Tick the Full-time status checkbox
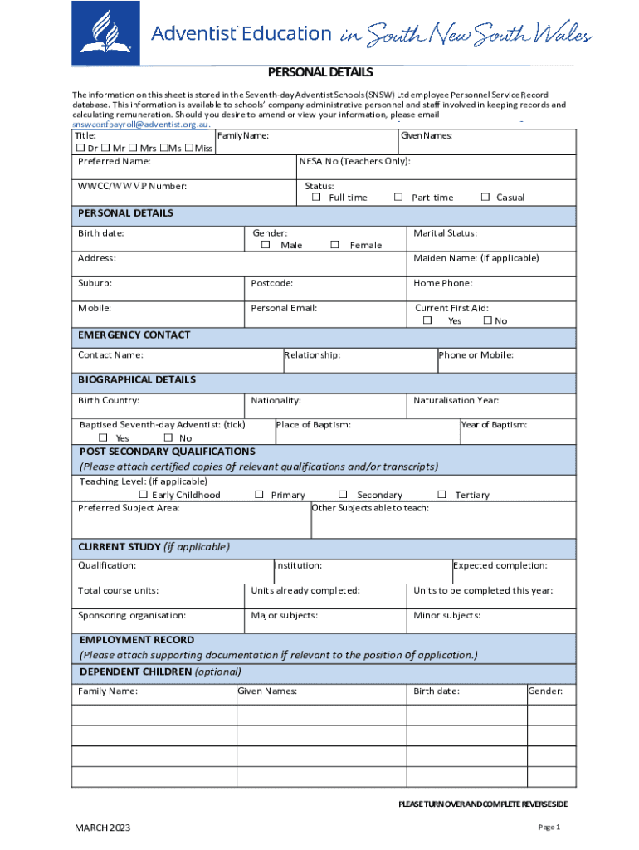316,198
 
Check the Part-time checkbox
398,198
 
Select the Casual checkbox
485,198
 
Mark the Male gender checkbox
266,245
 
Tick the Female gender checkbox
335,245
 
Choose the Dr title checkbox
80,148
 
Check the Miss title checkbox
189,148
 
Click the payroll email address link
140,124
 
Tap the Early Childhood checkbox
143,495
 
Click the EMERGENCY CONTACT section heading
134,335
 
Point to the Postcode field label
272,283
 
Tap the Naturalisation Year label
456,400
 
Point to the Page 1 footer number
549,828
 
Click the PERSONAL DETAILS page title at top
319,72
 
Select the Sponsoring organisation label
132,616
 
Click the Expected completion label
500,565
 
